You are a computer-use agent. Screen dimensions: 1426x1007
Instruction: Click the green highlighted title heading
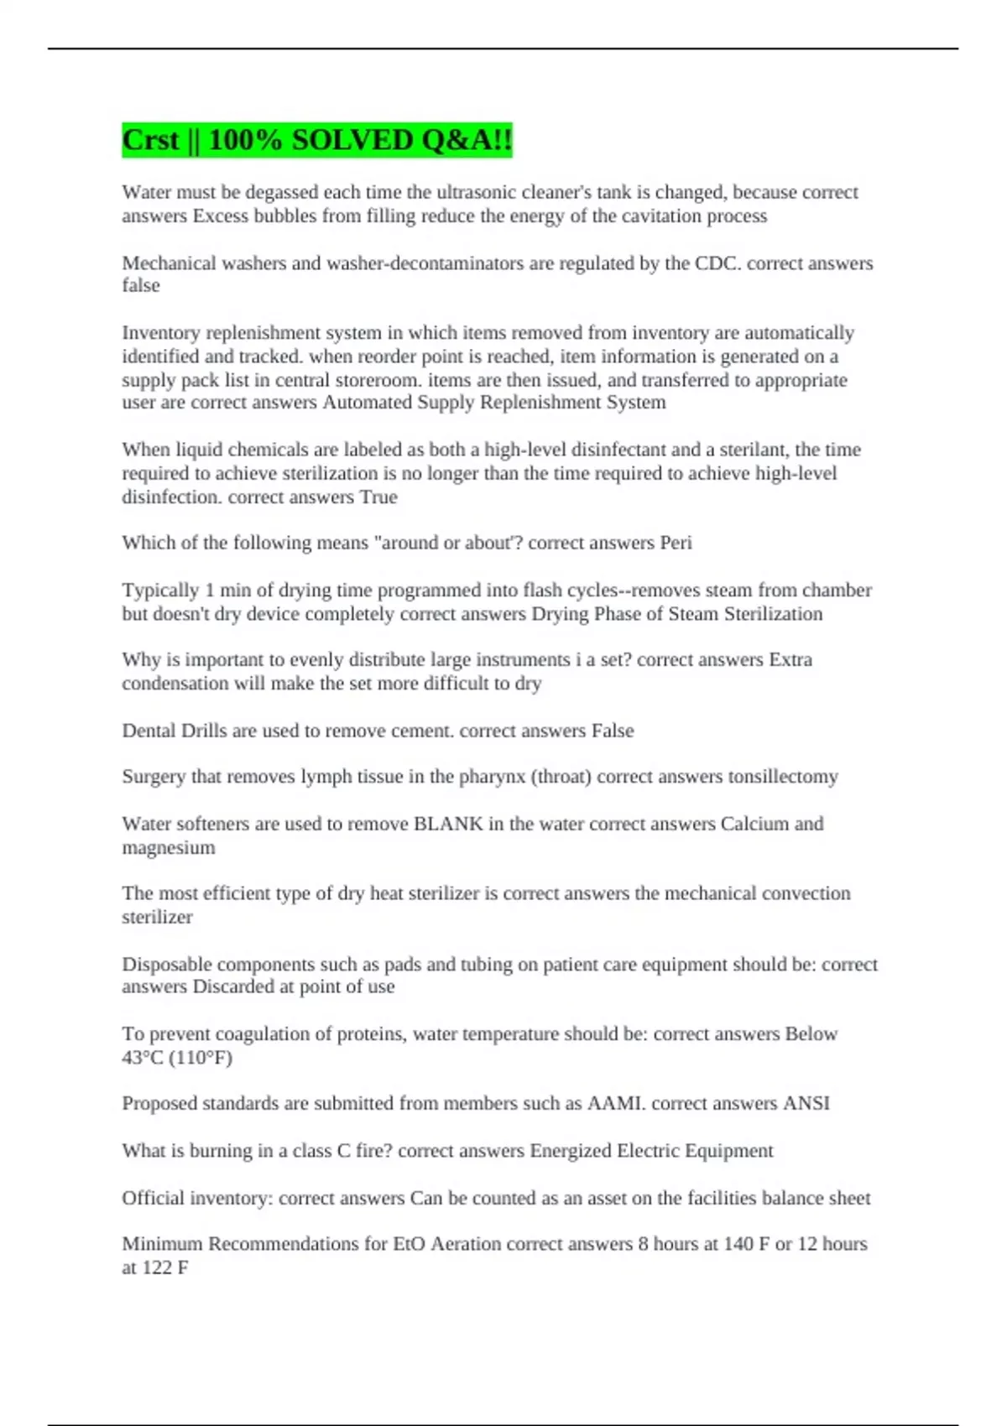(316, 139)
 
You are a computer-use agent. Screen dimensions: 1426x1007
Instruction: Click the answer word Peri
(676, 543)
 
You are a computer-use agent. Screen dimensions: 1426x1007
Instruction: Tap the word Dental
(148, 731)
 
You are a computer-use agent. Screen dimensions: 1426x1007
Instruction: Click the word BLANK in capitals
(448, 824)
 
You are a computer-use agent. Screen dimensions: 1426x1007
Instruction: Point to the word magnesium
(169, 847)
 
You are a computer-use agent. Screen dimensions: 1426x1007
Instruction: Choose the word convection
(806, 893)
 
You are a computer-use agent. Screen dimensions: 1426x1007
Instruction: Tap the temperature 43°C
(143, 1058)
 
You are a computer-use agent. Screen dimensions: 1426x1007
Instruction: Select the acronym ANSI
(806, 1104)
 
